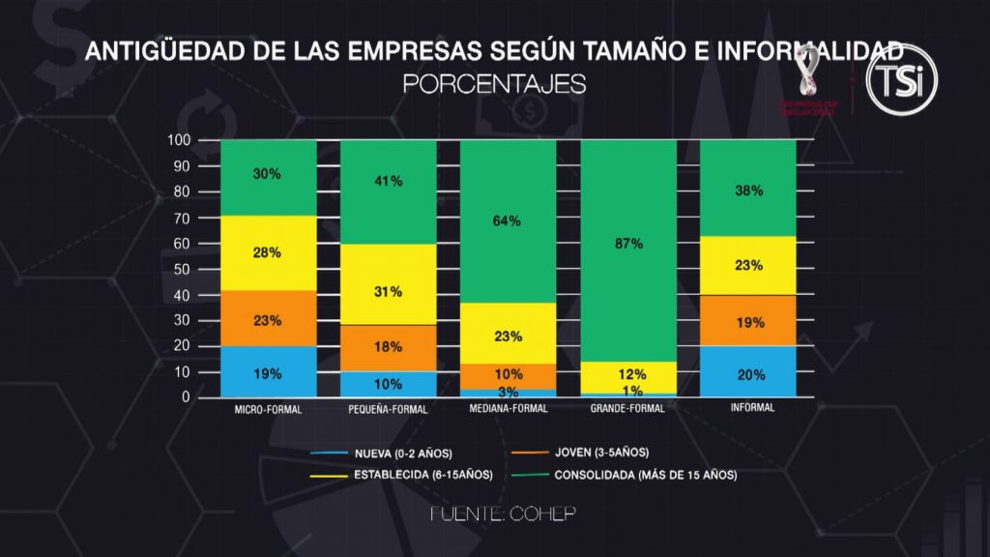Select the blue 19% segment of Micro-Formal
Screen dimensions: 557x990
268,372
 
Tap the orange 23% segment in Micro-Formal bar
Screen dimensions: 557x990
268,318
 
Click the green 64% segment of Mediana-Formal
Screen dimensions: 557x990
508,220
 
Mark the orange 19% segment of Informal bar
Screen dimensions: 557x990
747,321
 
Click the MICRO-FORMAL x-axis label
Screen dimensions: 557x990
268,409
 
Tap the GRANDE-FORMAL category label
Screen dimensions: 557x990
627,409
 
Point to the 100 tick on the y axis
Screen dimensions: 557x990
179,141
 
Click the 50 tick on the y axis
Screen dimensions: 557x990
182,269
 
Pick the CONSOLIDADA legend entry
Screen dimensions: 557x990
645,475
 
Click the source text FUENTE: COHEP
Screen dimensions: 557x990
503,514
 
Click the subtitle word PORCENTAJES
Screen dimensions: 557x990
494,84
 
